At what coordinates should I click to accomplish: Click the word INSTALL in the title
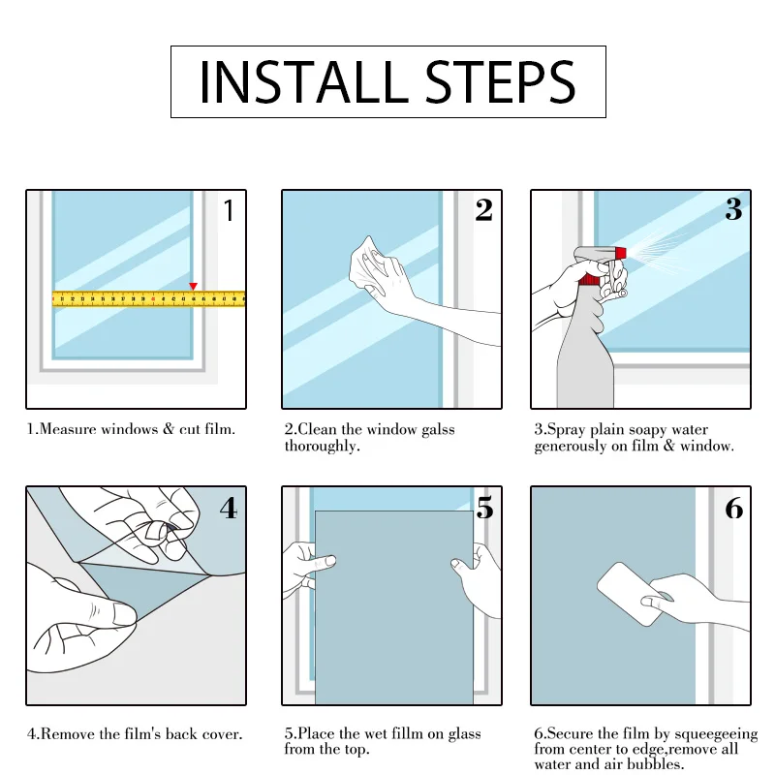tap(303, 82)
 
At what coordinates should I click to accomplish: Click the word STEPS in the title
tap(500, 82)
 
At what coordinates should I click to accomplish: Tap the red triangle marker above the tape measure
tap(193, 286)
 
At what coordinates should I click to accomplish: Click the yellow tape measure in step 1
tap(148, 299)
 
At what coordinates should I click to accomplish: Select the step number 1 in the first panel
tap(229, 210)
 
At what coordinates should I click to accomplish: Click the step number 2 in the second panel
tap(483, 209)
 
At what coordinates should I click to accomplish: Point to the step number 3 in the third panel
tap(733, 209)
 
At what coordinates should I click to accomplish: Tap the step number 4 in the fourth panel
tap(229, 509)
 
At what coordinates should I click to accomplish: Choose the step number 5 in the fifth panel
tap(485, 508)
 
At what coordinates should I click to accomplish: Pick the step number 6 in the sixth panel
tap(734, 508)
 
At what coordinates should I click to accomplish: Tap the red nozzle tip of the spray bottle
tap(620, 253)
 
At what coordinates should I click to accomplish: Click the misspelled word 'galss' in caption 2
tap(438, 430)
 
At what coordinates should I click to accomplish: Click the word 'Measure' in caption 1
tap(68, 429)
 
